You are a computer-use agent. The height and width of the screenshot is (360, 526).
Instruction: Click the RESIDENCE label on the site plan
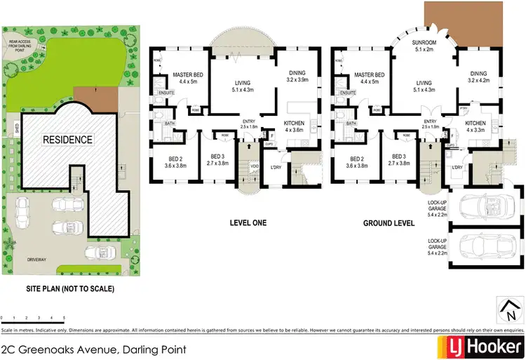tap(68, 140)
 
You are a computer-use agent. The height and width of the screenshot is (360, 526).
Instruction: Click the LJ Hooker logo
tap(480, 346)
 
